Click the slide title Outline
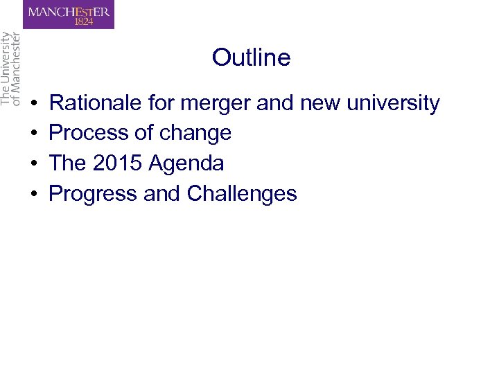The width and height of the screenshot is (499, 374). pos(251,57)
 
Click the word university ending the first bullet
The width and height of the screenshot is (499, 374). pos(393,104)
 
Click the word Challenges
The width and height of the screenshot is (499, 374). pos(242,194)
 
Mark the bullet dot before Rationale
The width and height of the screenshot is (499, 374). pos(35,104)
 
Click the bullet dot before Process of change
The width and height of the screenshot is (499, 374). pos(35,134)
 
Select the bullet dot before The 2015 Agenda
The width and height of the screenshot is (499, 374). pos(35,164)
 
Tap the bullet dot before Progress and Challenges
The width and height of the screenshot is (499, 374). pos(35,194)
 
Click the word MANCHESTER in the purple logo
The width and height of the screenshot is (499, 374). pos(69,12)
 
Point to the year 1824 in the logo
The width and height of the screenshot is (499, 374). pos(82,21)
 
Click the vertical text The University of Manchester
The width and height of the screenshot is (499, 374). pos(11,69)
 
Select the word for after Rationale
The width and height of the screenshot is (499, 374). pos(161,103)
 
